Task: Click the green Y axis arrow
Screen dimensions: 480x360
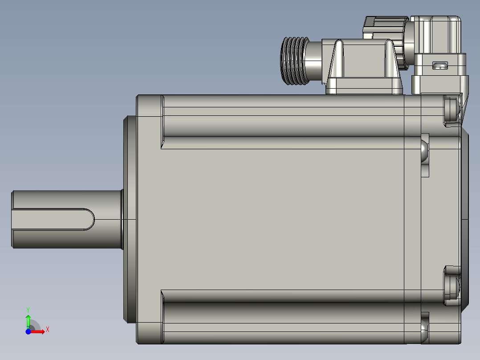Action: [x=28, y=322]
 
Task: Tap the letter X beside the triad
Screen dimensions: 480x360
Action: [x=48, y=330]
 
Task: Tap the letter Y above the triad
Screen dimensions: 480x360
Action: [x=28, y=310]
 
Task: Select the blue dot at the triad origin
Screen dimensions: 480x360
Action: [x=28, y=331]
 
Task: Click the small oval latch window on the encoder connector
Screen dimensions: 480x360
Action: [x=440, y=65]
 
